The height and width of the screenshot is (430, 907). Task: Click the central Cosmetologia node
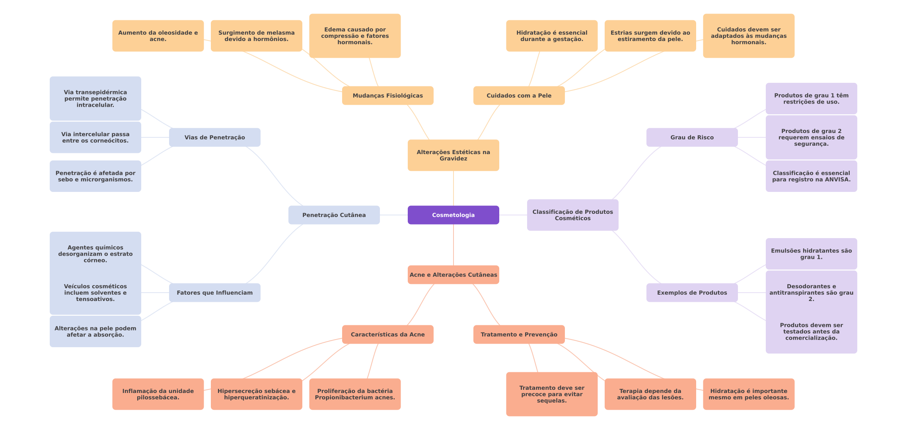click(453, 215)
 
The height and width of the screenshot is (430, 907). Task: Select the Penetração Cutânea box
click(334, 215)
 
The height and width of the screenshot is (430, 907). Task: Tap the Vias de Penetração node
click(214, 137)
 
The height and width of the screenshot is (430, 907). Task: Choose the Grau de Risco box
click(692, 137)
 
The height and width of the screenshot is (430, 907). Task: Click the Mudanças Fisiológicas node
click(387, 96)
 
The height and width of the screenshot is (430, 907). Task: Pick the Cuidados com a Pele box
click(519, 96)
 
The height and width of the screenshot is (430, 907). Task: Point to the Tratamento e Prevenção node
click(519, 334)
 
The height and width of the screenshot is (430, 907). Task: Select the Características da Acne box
click(387, 334)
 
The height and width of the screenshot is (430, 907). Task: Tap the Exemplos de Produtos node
click(692, 293)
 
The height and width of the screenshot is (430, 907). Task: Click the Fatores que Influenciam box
click(214, 293)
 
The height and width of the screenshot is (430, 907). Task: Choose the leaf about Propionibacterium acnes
click(355, 394)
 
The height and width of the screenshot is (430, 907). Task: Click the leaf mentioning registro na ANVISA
click(811, 176)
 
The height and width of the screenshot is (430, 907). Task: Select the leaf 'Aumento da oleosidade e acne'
click(158, 36)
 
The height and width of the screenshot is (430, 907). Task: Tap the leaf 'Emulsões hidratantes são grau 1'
click(811, 254)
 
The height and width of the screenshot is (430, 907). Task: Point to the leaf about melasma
click(256, 36)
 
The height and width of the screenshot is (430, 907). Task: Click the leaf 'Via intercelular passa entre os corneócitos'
click(95, 137)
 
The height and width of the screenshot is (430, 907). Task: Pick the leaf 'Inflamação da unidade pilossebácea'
click(158, 394)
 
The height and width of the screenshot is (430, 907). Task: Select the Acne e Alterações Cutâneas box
click(453, 275)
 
